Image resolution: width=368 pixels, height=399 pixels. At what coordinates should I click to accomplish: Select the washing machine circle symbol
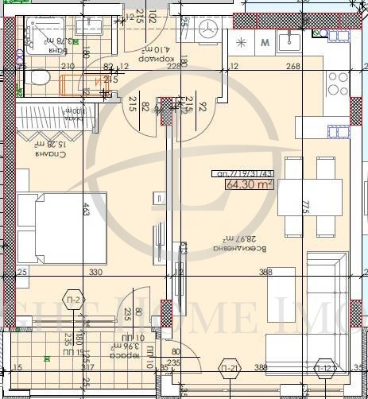[211, 28]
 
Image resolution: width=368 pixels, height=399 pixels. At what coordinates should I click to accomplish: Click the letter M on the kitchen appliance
[265, 42]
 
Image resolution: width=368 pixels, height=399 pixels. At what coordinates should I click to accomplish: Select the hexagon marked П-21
[230, 367]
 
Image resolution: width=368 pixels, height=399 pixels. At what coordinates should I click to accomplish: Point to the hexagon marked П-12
[324, 367]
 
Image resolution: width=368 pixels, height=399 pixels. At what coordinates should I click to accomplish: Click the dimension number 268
[293, 66]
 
